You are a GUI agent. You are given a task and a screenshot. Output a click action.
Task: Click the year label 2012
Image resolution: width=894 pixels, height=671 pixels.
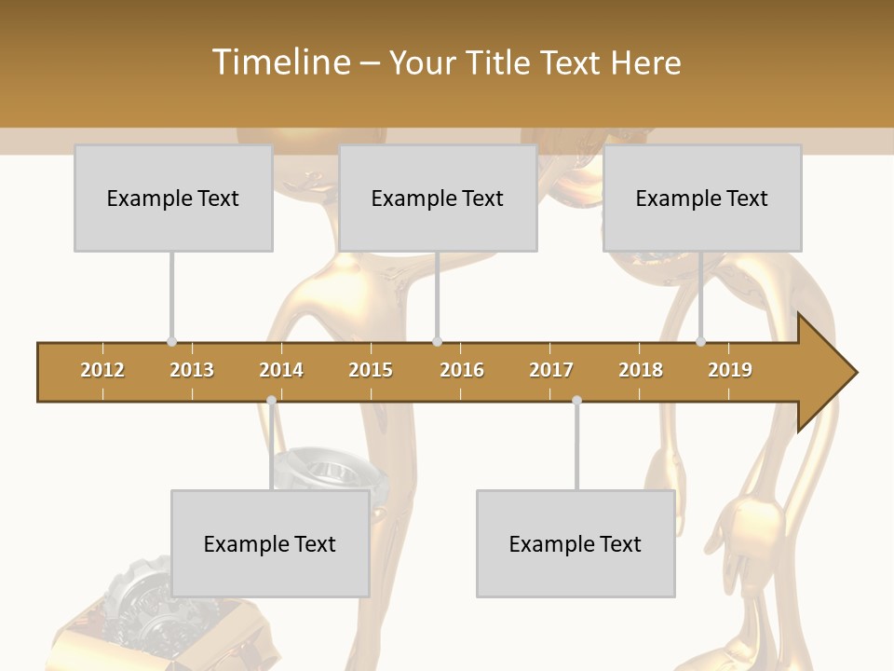(102, 370)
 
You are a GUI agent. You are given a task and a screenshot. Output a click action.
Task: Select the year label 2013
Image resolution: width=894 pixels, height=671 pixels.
(192, 370)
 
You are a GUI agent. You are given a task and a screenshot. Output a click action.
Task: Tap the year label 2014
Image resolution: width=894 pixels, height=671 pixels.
(281, 370)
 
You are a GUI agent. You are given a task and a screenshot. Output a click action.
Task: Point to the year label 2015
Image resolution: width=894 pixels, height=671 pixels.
(371, 370)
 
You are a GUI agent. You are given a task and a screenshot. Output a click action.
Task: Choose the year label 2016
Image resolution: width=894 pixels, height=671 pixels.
(462, 370)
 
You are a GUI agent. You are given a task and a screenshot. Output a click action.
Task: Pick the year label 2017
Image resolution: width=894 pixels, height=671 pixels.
(551, 370)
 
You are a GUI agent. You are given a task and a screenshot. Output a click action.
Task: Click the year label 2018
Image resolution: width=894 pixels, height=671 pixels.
(641, 370)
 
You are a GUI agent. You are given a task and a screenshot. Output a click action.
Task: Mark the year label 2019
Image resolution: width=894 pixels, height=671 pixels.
(730, 370)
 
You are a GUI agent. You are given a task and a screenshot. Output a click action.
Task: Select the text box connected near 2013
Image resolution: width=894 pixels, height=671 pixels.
(173, 198)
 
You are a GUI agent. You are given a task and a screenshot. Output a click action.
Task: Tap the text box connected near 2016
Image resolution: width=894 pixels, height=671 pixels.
(438, 198)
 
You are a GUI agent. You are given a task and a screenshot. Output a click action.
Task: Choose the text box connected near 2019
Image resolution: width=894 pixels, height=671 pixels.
(702, 198)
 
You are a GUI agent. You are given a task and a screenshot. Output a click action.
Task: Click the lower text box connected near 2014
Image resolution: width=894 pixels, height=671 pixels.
(270, 543)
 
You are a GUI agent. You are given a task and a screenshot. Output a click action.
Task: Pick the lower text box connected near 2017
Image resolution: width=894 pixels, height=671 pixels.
(576, 543)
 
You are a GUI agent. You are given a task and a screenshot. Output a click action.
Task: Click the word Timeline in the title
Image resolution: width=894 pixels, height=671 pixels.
(279, 62)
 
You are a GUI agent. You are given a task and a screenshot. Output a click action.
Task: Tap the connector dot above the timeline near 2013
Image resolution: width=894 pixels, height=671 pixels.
(171, 342)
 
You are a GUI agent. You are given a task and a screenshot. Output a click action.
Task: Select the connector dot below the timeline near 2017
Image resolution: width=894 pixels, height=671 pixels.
(576, 401)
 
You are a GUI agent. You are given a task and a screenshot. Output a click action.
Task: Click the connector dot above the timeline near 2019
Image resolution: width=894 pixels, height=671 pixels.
(700, 342)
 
